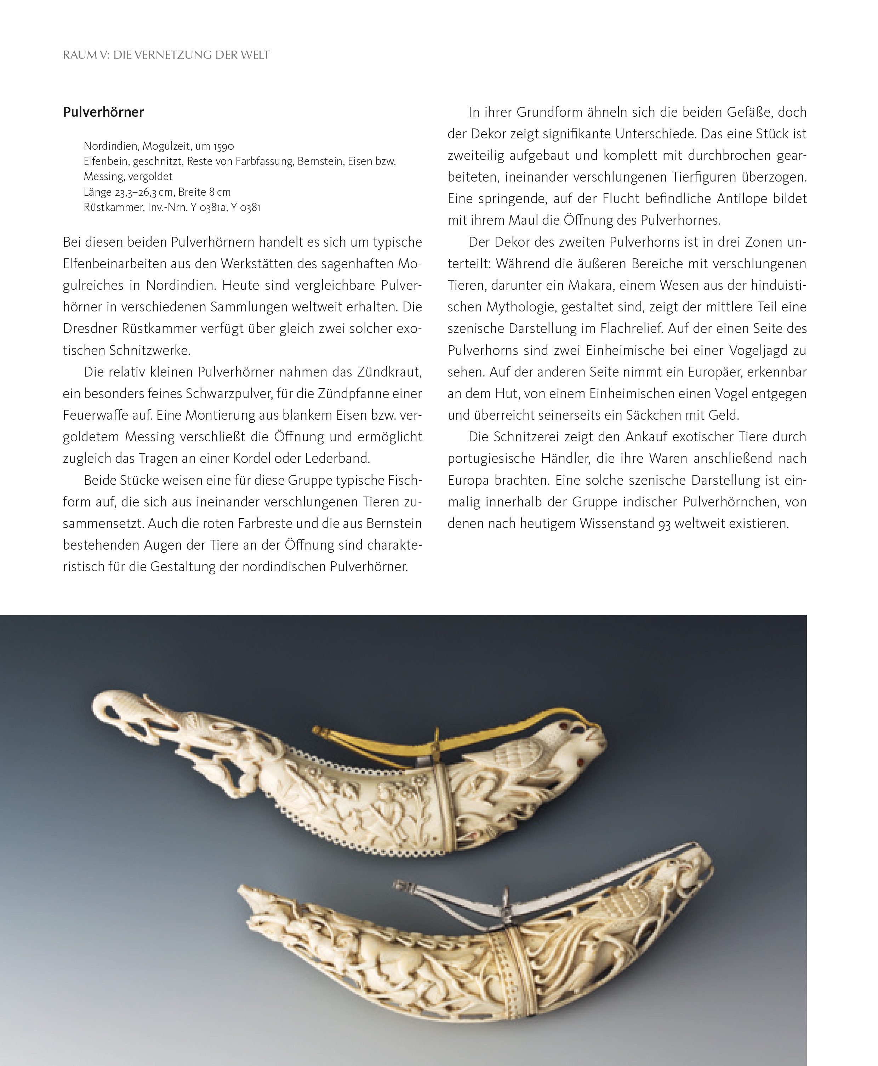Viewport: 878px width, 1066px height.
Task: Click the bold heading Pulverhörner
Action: (x=103, y=112)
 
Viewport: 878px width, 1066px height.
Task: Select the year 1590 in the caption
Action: (x=223, y=146)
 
